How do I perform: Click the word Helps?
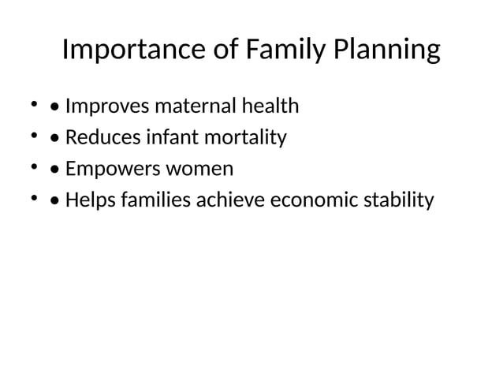click(x=88, y=201)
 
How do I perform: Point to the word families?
click(x=154, y=201)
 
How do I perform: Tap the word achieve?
click(x=232, y=201)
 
